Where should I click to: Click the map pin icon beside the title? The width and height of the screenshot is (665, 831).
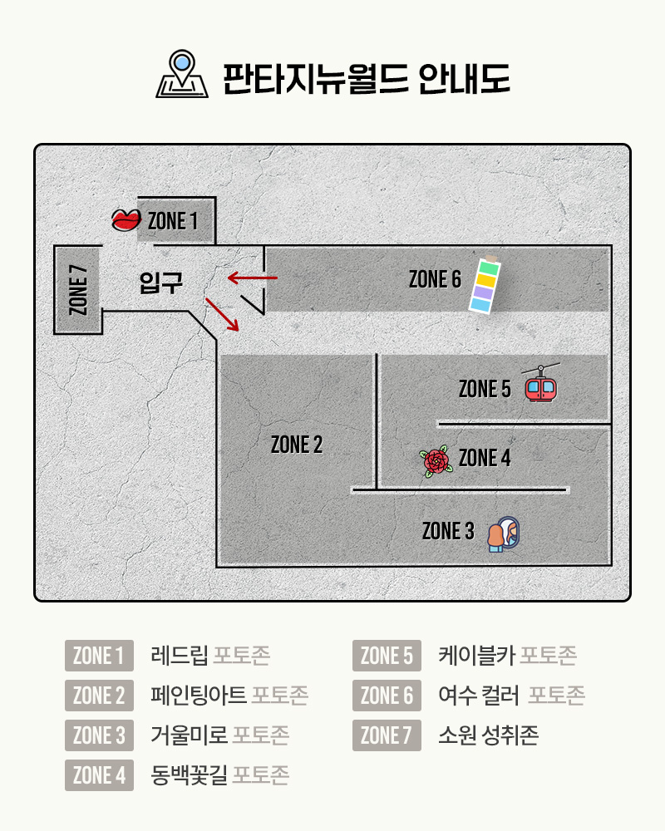[180, 75]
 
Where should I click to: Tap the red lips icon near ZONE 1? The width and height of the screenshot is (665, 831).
[126, 219]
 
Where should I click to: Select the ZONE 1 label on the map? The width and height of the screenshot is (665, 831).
[173, 221]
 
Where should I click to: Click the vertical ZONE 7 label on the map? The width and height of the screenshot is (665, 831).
[78, 289]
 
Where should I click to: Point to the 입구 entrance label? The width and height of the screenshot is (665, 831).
[160, 283]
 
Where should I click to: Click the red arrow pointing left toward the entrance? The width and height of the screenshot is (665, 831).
[252, 277]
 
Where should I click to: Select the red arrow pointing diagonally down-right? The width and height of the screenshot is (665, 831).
[222, 312]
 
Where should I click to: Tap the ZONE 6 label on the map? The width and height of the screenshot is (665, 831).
[435, 279]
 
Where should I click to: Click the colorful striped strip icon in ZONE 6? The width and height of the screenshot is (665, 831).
[484, 285]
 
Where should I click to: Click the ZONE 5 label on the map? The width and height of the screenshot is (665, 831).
[485, 388]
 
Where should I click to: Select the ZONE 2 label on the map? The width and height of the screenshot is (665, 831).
[297, 445]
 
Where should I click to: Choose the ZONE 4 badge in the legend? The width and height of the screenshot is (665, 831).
[99, 775]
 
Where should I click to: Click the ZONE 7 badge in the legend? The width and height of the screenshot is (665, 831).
[387, 735]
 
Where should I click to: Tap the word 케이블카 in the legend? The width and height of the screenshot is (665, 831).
[477, 656]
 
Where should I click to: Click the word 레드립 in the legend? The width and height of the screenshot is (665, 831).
[180, 656]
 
